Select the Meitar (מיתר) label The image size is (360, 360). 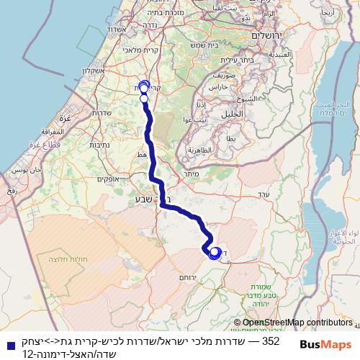191,175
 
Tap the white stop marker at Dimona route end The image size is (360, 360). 214,253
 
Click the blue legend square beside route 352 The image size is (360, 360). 7,345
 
